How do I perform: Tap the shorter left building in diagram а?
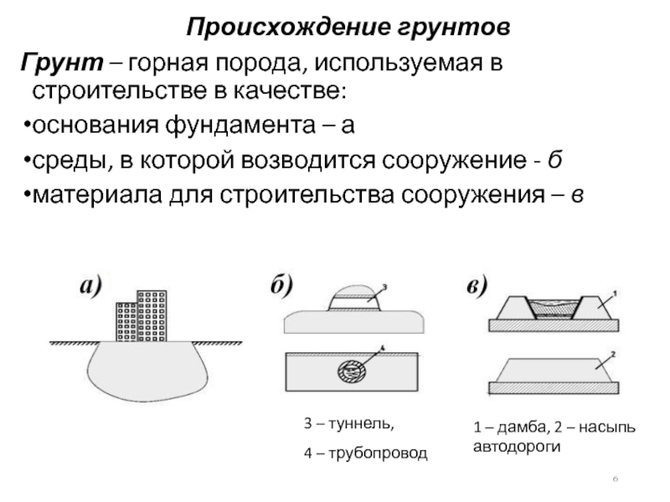click(x=126, y=321)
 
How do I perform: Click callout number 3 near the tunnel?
click(x=383, y=288)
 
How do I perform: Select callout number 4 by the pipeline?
click(x=382, y=347)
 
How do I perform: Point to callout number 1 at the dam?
click(x=615, y=293)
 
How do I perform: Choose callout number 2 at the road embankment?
click(x=614, y=355)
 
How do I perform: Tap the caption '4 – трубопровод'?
click(x=364, y=453)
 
